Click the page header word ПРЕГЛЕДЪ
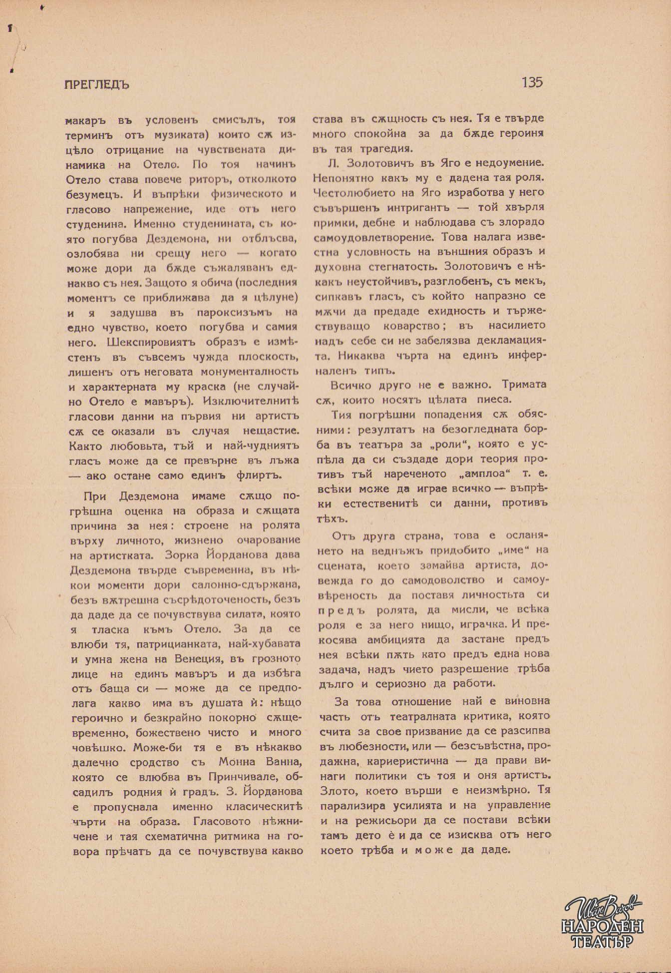(x=97, y=84)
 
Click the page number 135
(x=532, y=82)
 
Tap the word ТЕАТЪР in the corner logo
(x=602, y=942)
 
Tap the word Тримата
(x=524, y=385)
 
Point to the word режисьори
(x=389, y=820)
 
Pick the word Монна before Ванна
(x=237, y=762)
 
